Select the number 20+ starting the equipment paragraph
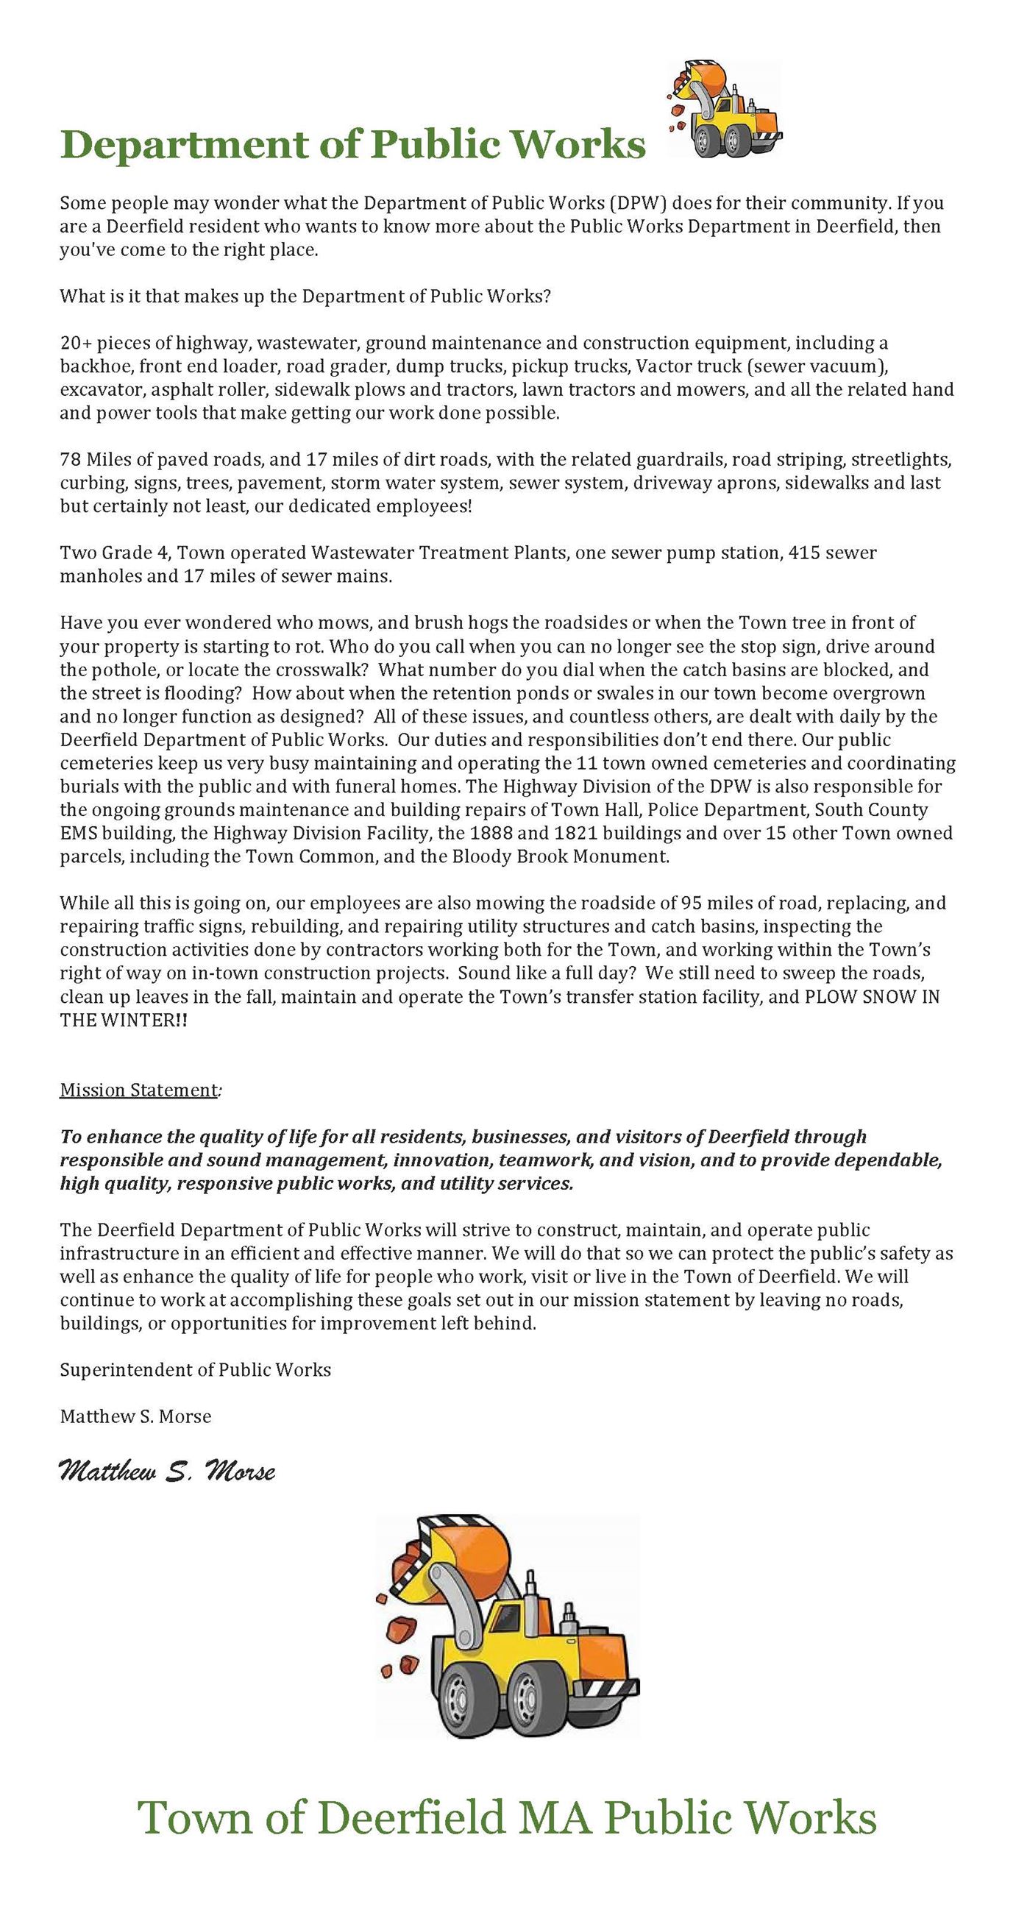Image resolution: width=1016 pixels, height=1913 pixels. (x=75, y=343)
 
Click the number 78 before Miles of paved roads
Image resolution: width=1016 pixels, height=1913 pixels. (x=70, y=460)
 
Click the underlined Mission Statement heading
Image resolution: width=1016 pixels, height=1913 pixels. (x=138, y=1090)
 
